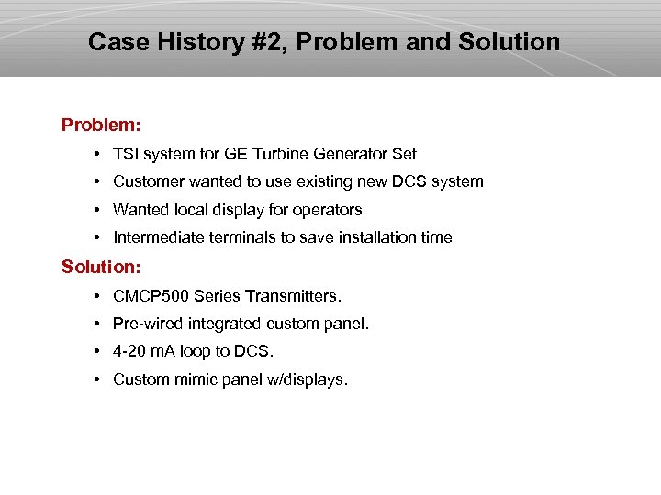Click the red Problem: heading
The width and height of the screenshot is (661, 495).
[101, 124]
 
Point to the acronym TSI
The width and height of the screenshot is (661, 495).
[126, 154]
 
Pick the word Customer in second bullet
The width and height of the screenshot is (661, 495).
[147, 181]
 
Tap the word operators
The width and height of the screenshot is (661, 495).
[328, 210]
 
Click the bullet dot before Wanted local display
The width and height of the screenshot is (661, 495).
[96, 210]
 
